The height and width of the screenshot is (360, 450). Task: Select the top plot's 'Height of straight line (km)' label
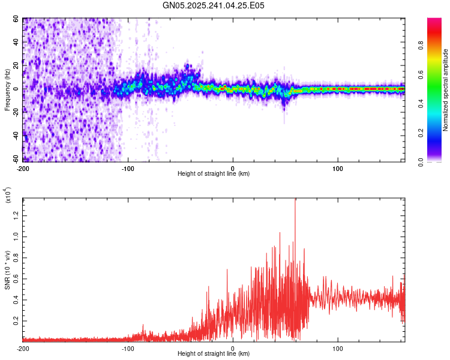[214, 173]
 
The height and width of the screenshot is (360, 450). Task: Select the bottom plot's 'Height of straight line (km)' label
[214, 354]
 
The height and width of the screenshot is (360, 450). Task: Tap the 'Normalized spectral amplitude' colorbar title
[446, 90]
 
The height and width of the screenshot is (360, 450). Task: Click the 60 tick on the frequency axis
[16, 19]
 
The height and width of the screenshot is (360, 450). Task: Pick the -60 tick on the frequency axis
[14, 159]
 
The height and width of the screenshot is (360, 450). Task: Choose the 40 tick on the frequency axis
[16, 43]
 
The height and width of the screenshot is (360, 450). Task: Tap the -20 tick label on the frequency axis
[14, 112]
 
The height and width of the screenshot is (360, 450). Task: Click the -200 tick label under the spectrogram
[23, 167]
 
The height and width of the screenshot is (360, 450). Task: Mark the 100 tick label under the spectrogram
[338, 167]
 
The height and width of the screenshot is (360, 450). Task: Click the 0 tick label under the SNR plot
[233, 348]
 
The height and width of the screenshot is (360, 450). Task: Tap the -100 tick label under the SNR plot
[128, 348]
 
